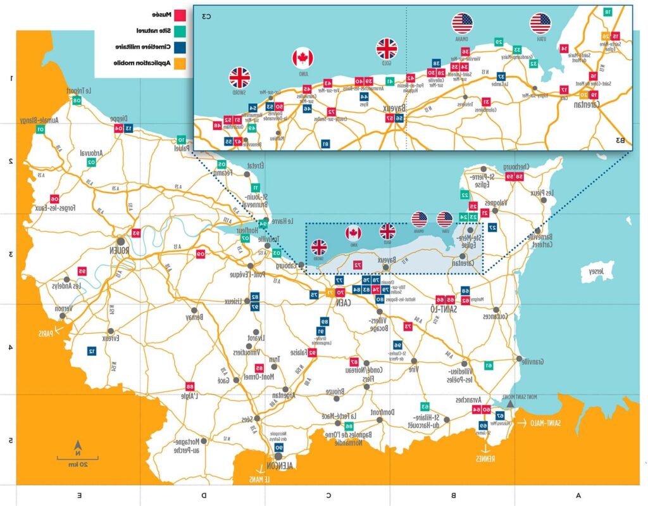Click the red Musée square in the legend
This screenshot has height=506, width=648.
pyautogui.click(x=180, y=14)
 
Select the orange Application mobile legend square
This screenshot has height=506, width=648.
pyautogui.click(x=180, y=63)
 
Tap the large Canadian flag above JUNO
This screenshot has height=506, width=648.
pyautogui.click(x=302, y=58)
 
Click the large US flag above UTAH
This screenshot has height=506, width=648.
pyautogui.click(x=540, y=23)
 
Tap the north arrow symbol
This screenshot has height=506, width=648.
pyautogui.click(x=78, y=445)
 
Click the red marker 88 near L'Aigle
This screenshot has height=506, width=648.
pyautogui.click(x=189, y=386)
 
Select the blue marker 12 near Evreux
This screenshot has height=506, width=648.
pyautogui.click(x=92, y=351)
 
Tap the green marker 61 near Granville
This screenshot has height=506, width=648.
pyautogui.click(x=489, y=365)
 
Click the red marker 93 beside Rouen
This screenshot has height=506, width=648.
pyautogui.click(x=135, y=233)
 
